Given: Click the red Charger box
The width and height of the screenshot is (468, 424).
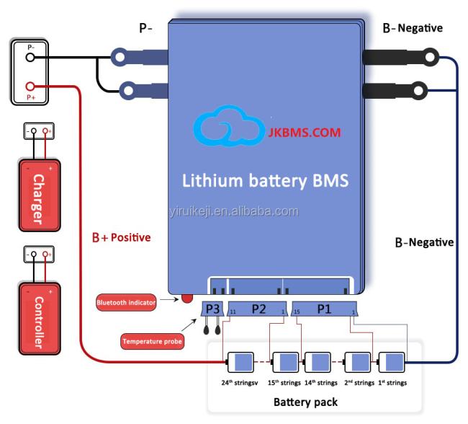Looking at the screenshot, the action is coord(40,195).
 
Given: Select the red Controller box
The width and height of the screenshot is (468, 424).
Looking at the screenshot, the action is coord(40,319).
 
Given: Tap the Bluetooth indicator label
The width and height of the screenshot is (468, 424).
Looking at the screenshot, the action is coord(126,303).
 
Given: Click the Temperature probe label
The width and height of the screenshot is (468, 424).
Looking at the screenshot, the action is coord(152,341).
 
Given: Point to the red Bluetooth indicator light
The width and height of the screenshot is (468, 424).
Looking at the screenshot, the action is coord(187,299).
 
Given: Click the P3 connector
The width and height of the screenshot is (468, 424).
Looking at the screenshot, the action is coord(212,309).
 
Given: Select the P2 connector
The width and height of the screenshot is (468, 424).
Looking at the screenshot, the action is coord(258,309).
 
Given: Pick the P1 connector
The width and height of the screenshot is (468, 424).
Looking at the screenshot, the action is coord(324,309).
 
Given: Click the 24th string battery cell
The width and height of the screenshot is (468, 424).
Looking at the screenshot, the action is coord(240,363).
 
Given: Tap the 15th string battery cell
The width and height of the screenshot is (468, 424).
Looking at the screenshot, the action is coord(285,363).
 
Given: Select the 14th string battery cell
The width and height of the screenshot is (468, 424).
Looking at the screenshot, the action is coord(318,363).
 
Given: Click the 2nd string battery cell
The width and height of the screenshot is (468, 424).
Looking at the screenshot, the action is coord(357,363).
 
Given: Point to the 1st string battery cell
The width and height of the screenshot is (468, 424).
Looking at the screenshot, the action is coord(391,363).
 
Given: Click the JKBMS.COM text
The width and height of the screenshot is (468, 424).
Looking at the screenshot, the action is coord(304,133).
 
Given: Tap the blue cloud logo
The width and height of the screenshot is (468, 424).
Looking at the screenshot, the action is coord(229,126).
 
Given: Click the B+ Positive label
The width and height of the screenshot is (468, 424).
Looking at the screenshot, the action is coord(122,238).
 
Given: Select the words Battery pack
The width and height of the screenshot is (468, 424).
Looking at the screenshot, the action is coord(305,402).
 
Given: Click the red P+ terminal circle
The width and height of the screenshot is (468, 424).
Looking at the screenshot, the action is coord(30,87).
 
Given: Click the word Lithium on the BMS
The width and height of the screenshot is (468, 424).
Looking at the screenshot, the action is coord(212,180).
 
